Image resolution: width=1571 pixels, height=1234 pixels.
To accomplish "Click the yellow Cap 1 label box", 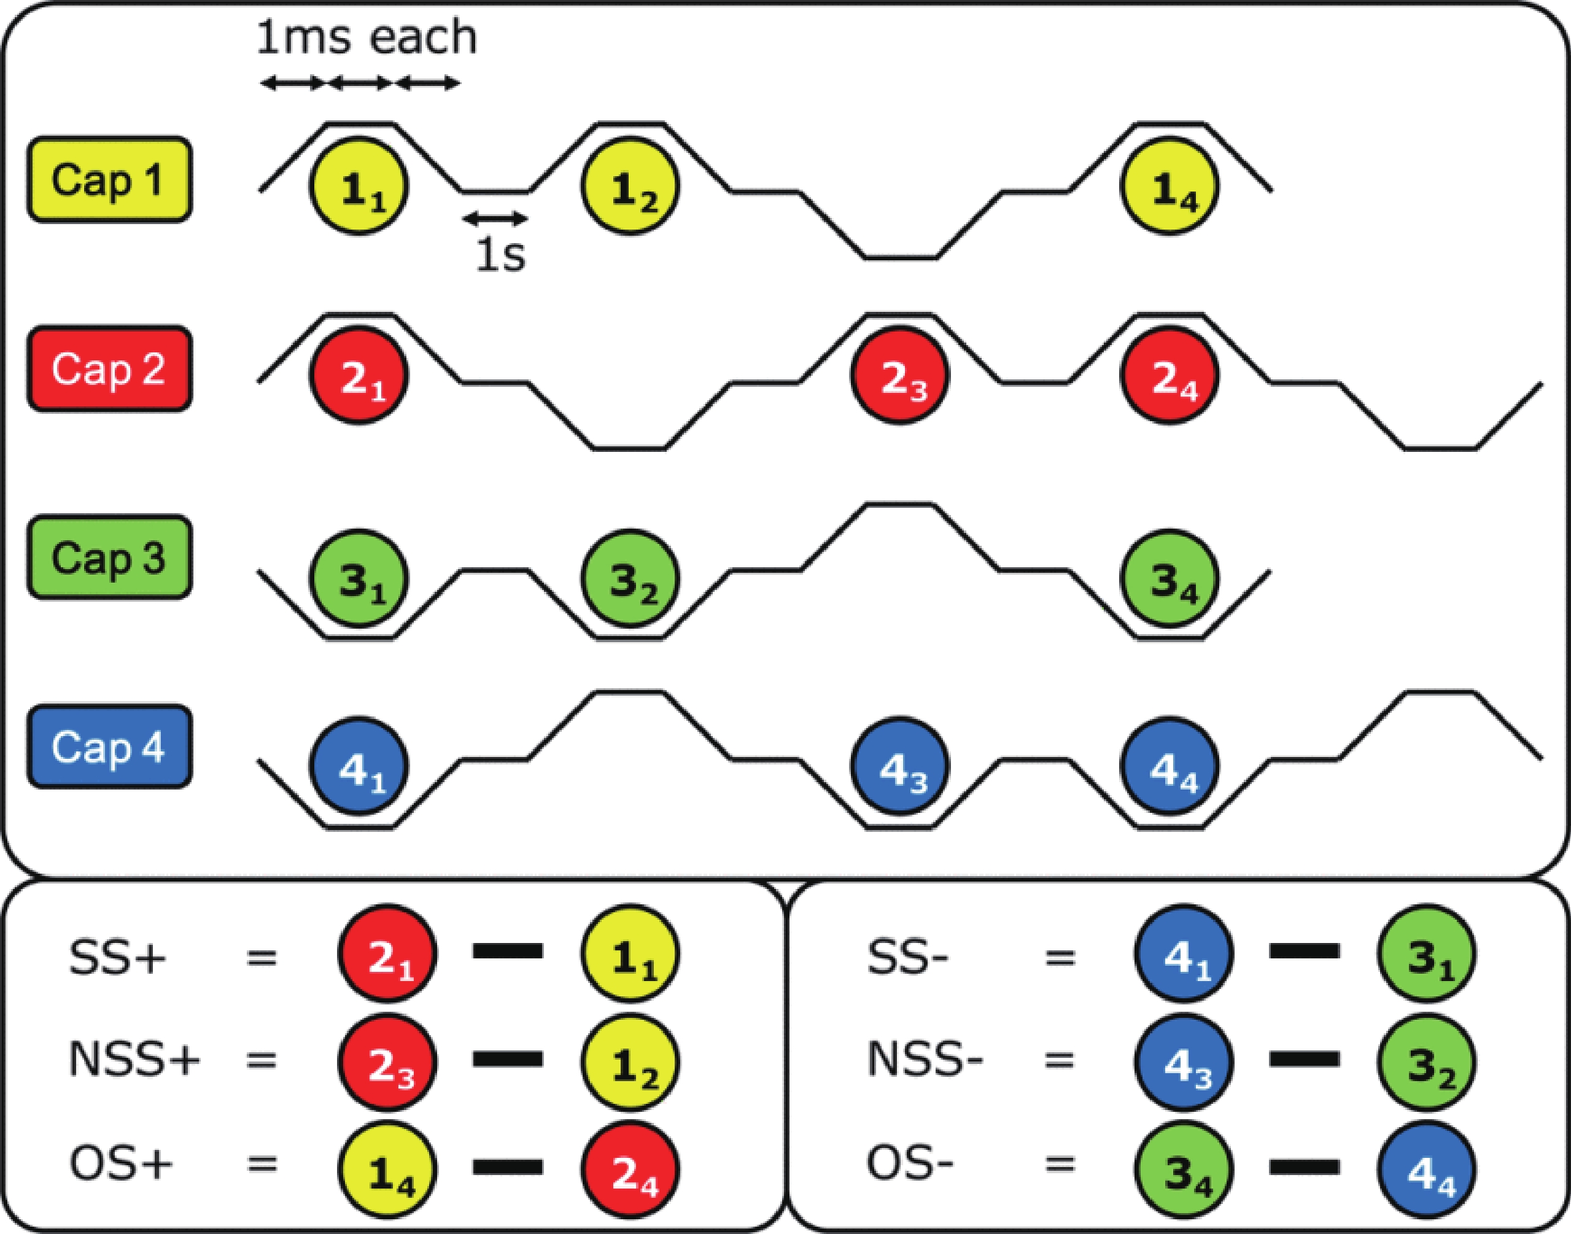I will pyautogui.click(x=110, y=179).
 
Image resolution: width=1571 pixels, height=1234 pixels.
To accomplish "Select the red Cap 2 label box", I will pyautogui.click(x=110, y=369).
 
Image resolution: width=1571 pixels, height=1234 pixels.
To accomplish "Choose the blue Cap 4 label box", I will pyautogui.click(x=110, y=747).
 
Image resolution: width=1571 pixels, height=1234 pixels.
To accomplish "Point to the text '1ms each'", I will pyautogui.click(x=367, y=37).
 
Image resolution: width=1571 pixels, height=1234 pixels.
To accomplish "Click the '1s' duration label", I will pyautogui.click(x=500, y=254).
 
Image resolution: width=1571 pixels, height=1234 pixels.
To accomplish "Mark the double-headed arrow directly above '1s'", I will pyautogui.click(x=495, y=217).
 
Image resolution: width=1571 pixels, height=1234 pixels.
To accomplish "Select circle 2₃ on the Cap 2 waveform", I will pyautogui.click(x=899, y=376).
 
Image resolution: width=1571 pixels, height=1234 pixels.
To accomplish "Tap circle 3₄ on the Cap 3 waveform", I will pyautogui.click(x=1170, y=579).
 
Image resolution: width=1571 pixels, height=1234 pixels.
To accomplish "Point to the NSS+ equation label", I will pyautogui.click(x=134, y=1060).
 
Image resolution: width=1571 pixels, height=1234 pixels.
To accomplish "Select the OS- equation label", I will pyautogui.click(x=910, y=1165).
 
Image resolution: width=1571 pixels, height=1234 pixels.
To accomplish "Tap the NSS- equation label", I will pyautogui.click(x=925, y=1060).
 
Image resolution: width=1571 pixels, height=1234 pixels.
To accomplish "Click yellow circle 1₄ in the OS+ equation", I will pyautogui.click(x=388, y=1169).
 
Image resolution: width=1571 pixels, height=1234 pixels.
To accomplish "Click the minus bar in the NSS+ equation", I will pyautogui.click(x=508, y=1060).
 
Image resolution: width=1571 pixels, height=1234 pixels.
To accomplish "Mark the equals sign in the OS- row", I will pyautogui.click(x=1060, y=1165).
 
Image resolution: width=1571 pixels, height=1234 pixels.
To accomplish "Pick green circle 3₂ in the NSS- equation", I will pyautogui.click(x=1427, y=1063).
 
